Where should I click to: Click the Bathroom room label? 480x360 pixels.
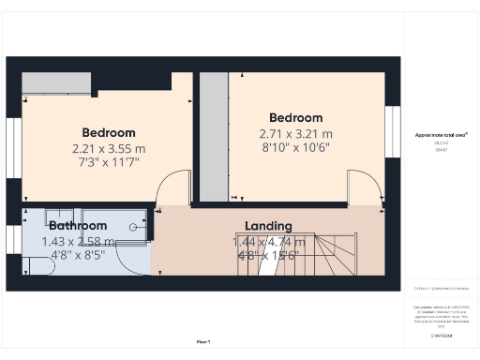point(77,226)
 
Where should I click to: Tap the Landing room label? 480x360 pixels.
point(268,226)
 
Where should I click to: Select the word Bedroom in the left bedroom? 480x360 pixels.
point(108,132)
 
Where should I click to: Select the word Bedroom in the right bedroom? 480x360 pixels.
point(295,118)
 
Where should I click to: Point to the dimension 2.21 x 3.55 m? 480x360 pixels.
point(108,148)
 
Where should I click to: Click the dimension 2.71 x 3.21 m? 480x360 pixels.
point(295,134)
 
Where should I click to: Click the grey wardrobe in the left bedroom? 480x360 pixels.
point(56,82)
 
